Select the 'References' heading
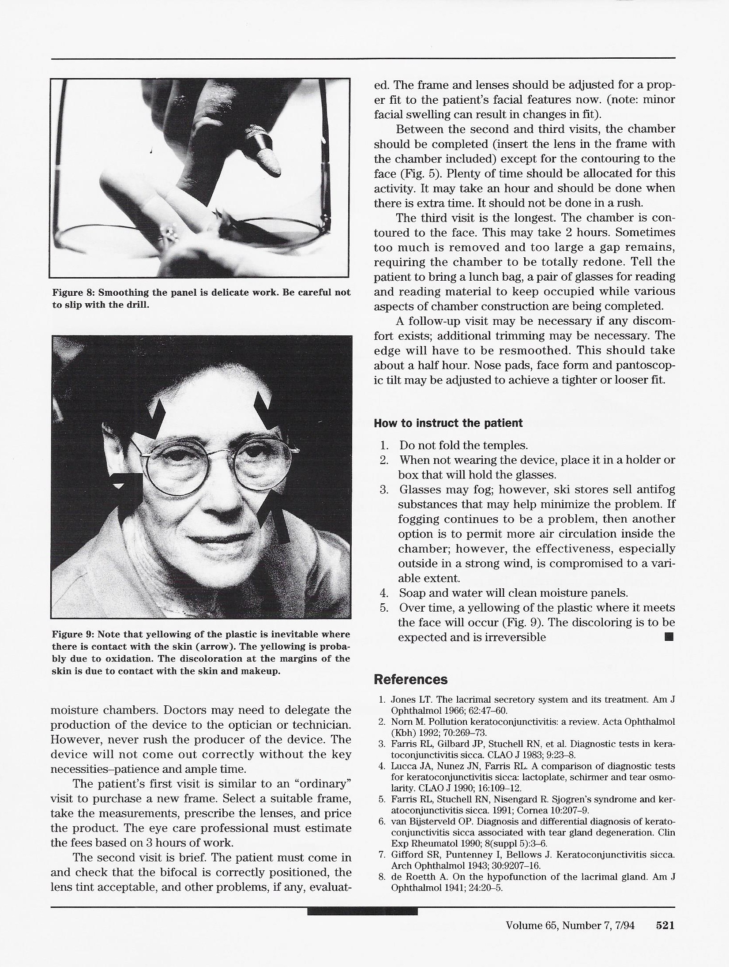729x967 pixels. tap(410, 679)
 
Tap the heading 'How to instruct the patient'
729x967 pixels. tap(448, 423)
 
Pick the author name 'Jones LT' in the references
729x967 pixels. tap(406, 700)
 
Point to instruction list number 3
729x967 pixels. tap(383, 490)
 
